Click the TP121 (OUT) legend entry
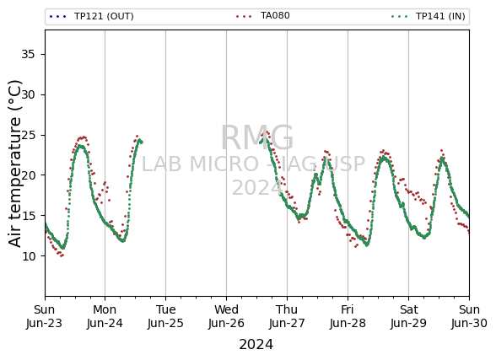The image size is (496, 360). (92, 16)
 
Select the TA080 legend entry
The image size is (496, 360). (262, 16)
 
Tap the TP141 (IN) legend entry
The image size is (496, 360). (428, 16)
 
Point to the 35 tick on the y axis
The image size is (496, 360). (28, 54)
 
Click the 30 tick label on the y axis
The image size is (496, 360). (28, 94)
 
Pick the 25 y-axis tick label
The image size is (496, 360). (28, 135)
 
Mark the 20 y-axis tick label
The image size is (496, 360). (28, 175)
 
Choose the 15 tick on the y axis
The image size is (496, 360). (28, 216)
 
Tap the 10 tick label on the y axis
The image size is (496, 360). (28, 255)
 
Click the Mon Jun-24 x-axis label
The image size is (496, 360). (105, 316)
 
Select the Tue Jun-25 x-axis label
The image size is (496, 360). (165, 316)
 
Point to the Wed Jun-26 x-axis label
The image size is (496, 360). (226, 316)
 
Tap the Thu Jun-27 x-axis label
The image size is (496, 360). (287, 316)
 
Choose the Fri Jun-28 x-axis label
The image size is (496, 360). (348, 316)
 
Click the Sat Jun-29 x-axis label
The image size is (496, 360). (408, 316)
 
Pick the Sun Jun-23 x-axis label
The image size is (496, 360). (44, 316)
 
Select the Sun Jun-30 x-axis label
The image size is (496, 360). (469, 316)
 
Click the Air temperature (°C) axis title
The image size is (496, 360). (15, 164)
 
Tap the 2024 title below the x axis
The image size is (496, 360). (256, 345)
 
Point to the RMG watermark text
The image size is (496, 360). (256, 138)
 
